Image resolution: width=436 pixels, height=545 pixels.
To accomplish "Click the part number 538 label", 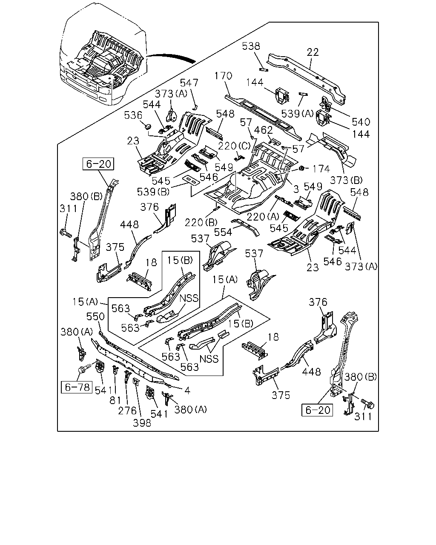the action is [x=251, y=46].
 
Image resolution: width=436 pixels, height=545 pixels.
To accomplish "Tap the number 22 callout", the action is [x=313, y=52].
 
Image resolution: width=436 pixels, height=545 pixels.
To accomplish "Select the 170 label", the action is [x=223, y=76].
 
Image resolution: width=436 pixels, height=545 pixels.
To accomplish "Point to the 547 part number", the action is [x=189, y=83].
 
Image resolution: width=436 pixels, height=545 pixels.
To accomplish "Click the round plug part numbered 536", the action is [x=148, y=126].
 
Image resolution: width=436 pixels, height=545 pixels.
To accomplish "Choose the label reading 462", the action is [x=263, y=130].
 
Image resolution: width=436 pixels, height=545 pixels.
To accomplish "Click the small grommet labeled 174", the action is [x=301, y=168].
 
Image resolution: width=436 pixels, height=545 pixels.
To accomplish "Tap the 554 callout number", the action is [x=223, y=232].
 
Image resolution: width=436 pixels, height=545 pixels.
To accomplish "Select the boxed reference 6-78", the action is [x=77, y=387].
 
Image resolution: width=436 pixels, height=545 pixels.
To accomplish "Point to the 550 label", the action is [x=95, y=316].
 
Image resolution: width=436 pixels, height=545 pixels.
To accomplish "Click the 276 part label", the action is [x=127, y=411].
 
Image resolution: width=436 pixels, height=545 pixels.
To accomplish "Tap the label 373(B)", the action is [x=346, y=180].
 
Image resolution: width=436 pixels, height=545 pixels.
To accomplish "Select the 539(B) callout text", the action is [x=153, y=192].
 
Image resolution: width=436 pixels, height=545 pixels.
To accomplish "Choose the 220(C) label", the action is [x=234, y=146].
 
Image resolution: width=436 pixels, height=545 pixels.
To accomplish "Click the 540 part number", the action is [x=361, y=122].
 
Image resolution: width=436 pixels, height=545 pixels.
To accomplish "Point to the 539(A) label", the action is [x=298, y=114].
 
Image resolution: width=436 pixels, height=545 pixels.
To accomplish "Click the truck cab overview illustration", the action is [x=103, y=54].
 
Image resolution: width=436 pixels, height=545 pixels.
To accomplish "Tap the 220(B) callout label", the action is [x=201, y=222].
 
